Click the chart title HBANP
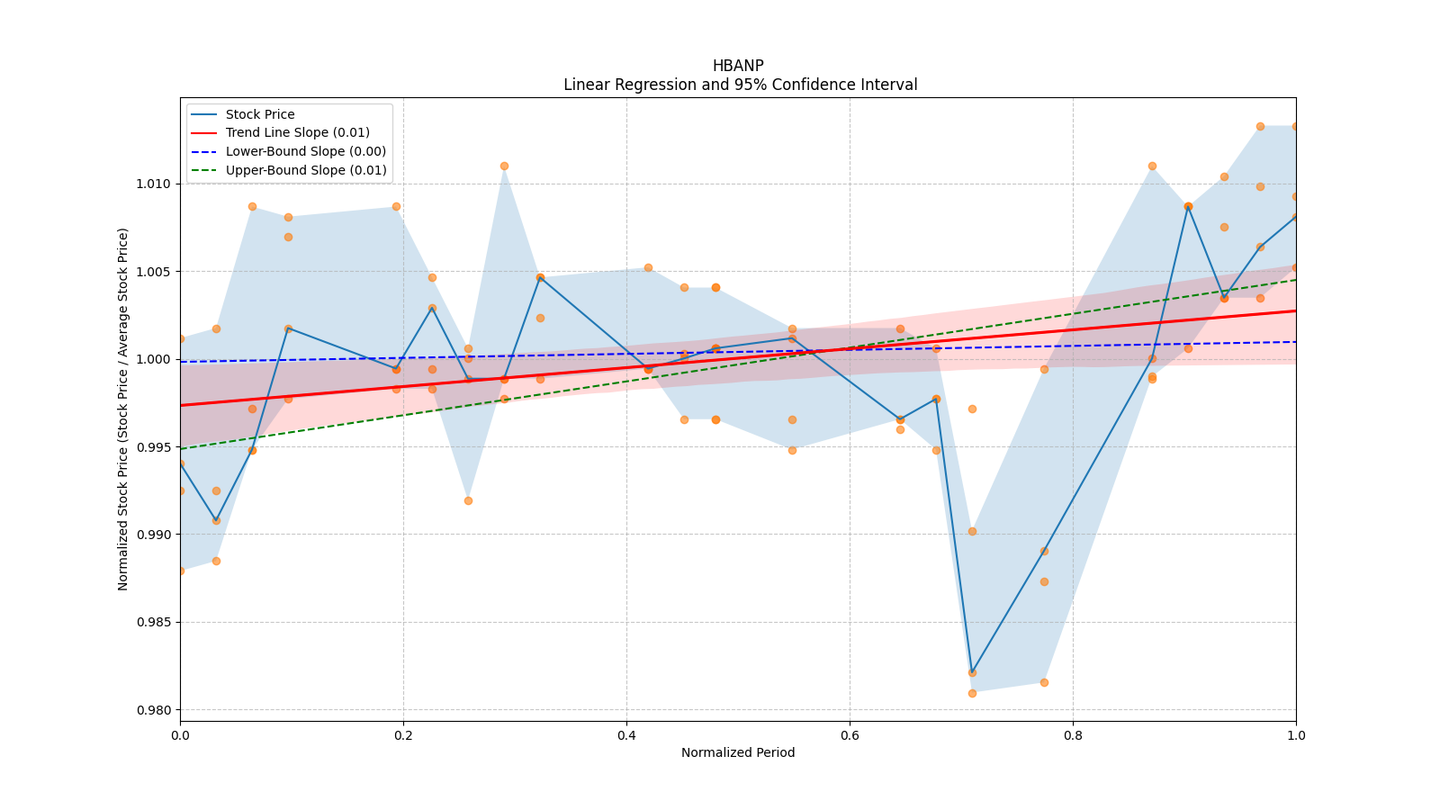738,66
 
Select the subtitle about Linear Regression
740,85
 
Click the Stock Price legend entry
260,114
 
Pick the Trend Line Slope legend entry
297,133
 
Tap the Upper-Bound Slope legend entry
305,170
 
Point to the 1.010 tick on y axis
152,184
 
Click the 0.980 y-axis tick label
152,710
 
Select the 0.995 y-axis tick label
152,447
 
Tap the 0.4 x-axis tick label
626,735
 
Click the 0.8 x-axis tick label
1073,735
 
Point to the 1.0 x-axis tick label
1296,735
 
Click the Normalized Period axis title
738,752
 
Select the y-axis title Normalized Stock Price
123,409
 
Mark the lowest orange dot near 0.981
972,693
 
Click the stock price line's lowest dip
972,672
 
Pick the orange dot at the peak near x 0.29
504,166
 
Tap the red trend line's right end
1295,310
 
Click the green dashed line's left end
181,448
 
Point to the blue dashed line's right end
1295,342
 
